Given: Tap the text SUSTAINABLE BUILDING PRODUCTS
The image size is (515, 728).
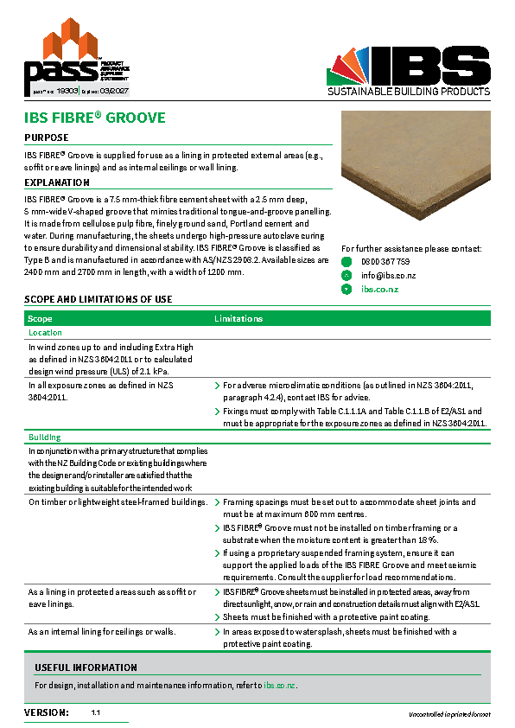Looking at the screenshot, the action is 409,92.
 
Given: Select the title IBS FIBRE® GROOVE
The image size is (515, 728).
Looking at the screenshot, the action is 95,118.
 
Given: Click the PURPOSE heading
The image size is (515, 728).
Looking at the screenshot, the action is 47,137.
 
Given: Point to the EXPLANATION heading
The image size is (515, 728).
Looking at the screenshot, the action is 57,182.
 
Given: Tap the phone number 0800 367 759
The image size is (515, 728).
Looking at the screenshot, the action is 385,261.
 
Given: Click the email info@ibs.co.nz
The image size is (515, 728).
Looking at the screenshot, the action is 389,275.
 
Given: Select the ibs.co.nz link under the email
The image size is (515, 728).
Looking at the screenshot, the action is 379,289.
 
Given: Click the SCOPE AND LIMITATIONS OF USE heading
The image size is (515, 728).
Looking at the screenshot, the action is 98,299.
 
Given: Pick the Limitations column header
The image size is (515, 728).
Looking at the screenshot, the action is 238,319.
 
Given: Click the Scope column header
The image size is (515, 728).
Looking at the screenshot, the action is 41,319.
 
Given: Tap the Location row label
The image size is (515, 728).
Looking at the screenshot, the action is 45,333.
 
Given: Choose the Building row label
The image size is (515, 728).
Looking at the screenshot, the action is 44,437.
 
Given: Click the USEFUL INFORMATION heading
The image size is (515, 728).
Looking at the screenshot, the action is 86,667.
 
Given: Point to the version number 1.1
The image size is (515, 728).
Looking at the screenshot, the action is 96,713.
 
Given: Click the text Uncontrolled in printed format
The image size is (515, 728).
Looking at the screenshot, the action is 449,714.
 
